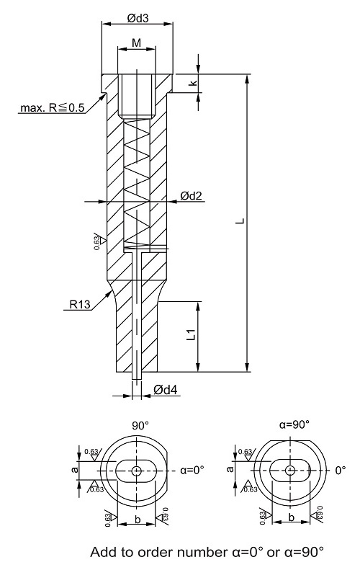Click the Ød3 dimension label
click(x=138, y=18)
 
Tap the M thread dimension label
click(x=136, y=43)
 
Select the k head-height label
click(x=193, y=83)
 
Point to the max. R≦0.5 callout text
click(x=53, y=107)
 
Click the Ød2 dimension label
click(x=191, y=196)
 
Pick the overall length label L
click(x=240, y=221)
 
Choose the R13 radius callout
click(x=79, y=304)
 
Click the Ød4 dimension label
click(x=166, y=390)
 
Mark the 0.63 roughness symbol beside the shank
click(x=99, y=241)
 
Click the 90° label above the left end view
click(x=140, y=426)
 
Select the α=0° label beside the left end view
click(x=192, y=470)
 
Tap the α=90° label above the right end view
click(x=294, y=424)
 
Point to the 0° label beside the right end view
click(x=341, y=471)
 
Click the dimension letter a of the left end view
click(x=75, y=470)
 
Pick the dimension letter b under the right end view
click(x=292, y=517)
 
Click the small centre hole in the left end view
click(x=137, y=471)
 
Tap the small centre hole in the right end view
click(x=290, y=470)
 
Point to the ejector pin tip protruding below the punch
click(x=137, y=376)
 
